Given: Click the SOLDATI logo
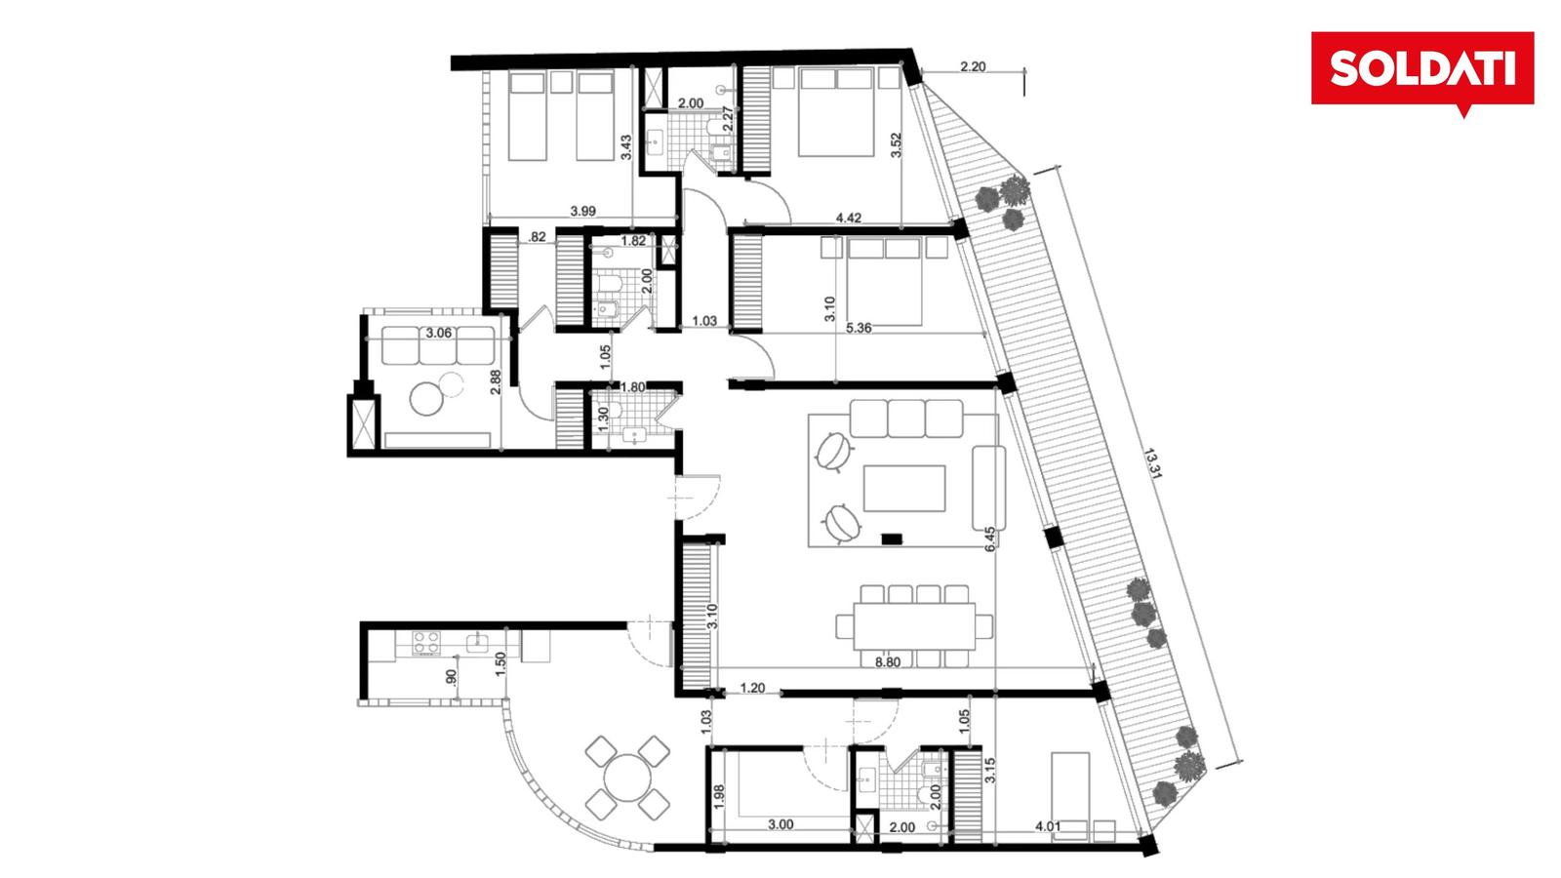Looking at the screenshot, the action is (1422, 69).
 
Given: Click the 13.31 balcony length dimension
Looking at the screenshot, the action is (1153, 464).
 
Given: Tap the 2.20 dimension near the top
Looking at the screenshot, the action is (973, 67).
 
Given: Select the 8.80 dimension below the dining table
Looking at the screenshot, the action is (888, 662).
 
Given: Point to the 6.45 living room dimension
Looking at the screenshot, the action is (990, 539).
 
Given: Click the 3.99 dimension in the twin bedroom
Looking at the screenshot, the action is (582, 211).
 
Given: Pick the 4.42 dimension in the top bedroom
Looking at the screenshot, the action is (848, 218).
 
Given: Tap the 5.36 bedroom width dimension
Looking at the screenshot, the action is (859, 328).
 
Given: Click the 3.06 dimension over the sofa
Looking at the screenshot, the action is (438, 333).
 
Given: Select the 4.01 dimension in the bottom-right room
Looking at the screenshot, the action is (1048, 826).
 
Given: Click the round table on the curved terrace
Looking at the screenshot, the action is (627, 778).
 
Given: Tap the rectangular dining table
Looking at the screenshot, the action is (914, 625).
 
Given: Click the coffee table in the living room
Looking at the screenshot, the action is (904, 489).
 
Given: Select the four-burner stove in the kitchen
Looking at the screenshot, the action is (425, 643).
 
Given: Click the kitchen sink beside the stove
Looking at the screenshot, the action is (477, 643).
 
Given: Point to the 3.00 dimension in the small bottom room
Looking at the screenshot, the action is (780, 824).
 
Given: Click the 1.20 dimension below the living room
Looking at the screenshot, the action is (752, 688).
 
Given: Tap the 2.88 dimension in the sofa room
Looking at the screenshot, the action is (495, 381).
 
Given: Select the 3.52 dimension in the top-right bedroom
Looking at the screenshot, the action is (897, 145).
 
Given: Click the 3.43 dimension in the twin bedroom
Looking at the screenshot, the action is (625, 147).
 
